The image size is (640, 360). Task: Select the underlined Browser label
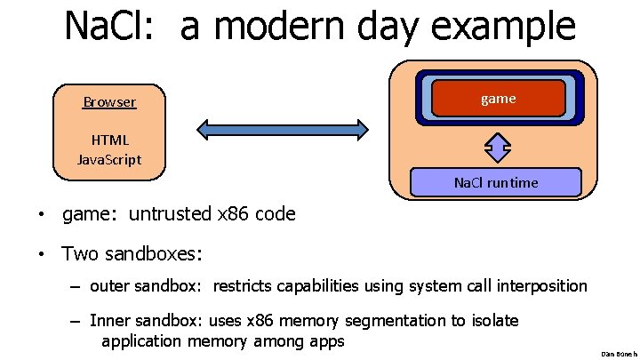point(109,101)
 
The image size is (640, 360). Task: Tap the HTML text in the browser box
point(109,140)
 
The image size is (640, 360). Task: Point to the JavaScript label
point(109,159)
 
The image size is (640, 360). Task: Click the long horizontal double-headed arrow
point(283,130)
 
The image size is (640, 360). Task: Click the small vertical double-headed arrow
point(499,146)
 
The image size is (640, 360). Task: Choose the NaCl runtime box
point(496,182)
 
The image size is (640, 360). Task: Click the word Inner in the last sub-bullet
point(110,320)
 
